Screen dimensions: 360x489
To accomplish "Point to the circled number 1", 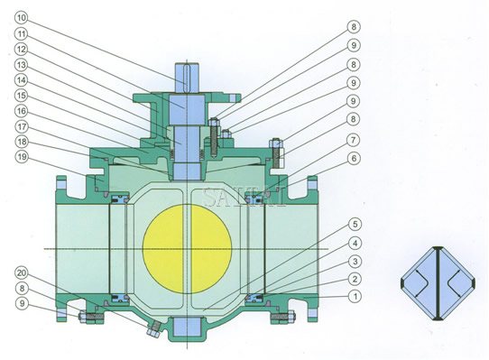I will (356, 295).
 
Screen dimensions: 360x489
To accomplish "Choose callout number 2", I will (356, 279).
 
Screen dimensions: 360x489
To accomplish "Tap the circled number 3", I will (356, 261).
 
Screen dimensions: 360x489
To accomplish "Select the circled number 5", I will (356, 224).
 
